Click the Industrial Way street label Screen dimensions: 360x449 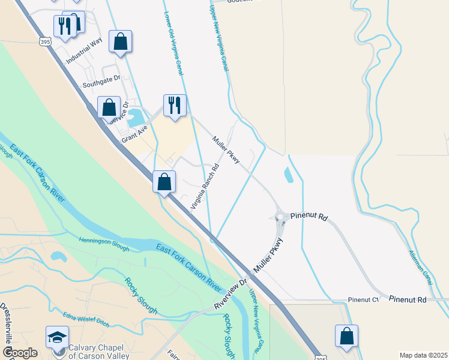tap(85, 51)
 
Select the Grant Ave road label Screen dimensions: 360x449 tap(134, 133)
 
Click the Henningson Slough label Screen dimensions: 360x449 tap(104, 243)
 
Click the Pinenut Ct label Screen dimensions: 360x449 tap(363, 299)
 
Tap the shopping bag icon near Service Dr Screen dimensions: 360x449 tap(109, 108)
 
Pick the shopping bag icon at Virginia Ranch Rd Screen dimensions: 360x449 tap(164, 181)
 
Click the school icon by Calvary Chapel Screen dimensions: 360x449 tap(57, 337)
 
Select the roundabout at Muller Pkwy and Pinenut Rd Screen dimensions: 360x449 tap(280, 217)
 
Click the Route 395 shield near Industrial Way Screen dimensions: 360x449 tap(45, 41)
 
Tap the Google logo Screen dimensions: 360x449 tap(20, 353)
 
